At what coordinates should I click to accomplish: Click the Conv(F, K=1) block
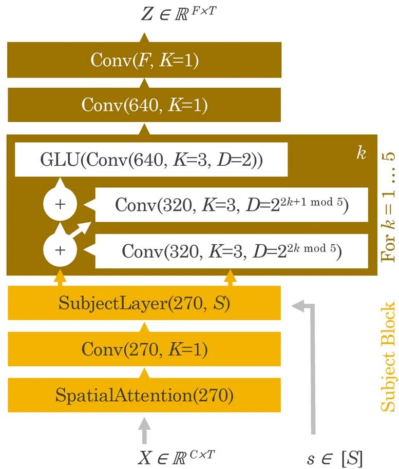pyautogui.click(x=144, y=61)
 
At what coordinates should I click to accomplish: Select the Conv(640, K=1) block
pyautogui.click(x=144, y=105)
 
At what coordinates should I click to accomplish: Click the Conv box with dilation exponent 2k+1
pyautogui.click(x=232, y=205)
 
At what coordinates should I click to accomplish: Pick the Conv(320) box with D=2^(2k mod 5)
pyautogui.click(x=232, y=251)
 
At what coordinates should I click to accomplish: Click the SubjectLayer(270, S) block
pyautogui.click(x=144, y=303)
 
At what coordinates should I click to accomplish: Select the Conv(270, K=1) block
pyautogui.click(x=144, y=350)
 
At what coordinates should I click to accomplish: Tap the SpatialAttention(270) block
pyautogui.click(x=144, y=396)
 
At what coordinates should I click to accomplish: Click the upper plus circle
pyautogui.click(x=61, y=204)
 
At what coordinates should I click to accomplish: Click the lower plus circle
pyautogui.click(x=61, y=250)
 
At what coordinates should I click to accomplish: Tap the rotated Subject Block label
pyautogui.click(x=388, y=356)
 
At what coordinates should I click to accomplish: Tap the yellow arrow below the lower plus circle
pyautogui.click(x=61, y=279)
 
